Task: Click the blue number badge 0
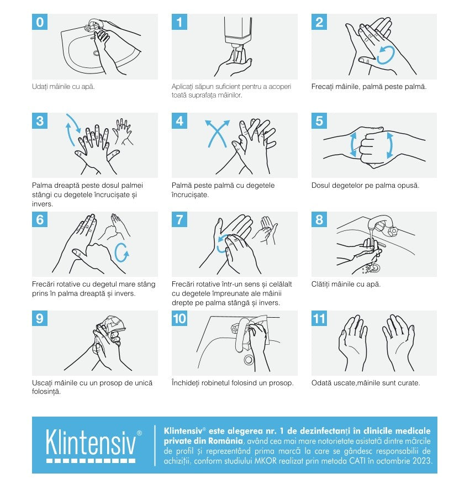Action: (40, 22)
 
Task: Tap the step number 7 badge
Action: (179, 219)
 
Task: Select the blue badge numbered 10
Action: (179, 318)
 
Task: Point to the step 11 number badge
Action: (319, 318)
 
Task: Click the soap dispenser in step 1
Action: (238, 30)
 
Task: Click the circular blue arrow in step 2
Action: (386, 55)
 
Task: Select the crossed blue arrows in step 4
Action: (217, 134)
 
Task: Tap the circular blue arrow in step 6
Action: (121, 253)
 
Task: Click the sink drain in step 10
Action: (249, 360)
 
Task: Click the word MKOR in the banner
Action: (266, 461)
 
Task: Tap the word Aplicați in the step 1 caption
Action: (183, 87)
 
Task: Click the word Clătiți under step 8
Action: (321, 284)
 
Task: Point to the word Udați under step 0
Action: (40, 87)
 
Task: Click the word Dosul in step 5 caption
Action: (320, 185)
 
